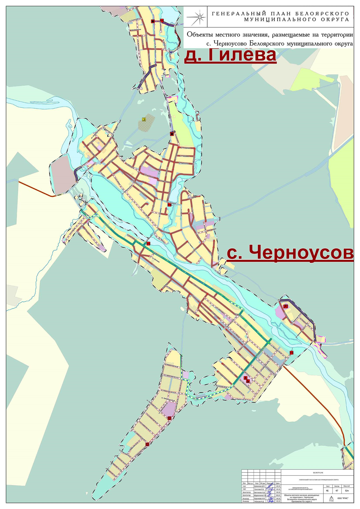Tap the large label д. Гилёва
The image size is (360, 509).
[x=230, y=55]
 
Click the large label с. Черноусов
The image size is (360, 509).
[x=290, y=253]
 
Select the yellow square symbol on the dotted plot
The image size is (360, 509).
[x=144, y=119]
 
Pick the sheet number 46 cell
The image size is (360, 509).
[x=327, y=491]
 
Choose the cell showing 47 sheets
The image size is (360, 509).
[x=337, y=491]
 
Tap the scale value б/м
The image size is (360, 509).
[x=347, y=491]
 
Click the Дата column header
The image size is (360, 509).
[x=278, y=483]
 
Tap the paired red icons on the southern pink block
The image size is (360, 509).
[x=246, y=379]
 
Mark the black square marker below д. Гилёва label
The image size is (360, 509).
[x=172, y=134]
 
